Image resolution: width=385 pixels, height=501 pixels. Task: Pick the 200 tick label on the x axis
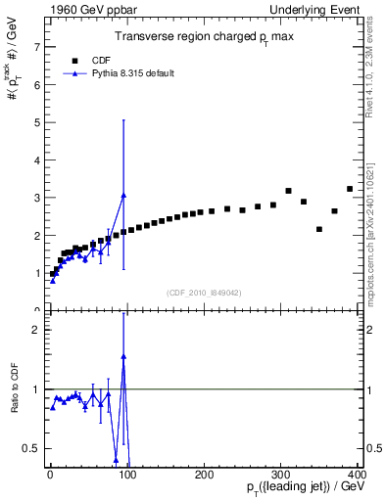[x=205, y=475]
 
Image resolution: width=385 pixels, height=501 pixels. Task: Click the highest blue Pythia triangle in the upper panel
[x=123, y=195]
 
